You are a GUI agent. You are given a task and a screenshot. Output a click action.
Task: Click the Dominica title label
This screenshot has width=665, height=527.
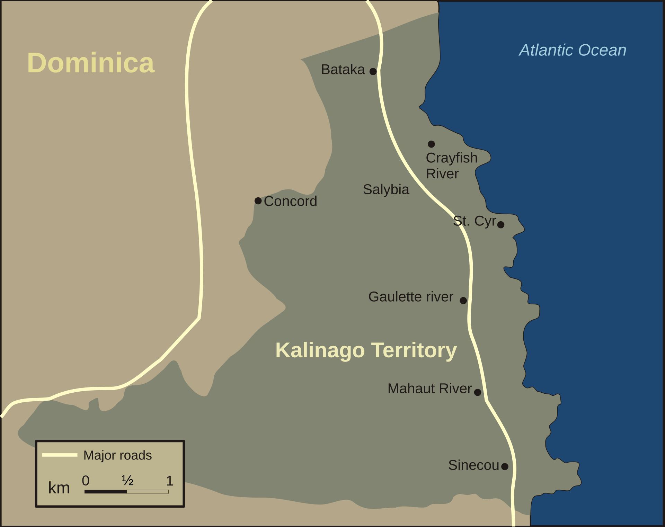tap(91, 63)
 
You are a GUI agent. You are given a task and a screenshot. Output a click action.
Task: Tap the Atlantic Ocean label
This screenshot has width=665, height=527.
tap(573, 50)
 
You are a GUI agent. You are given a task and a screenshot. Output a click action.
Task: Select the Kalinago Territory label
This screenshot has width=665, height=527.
tap(366, 350)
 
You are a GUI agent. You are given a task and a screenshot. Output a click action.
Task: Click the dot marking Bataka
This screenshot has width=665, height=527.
tap(373, 71)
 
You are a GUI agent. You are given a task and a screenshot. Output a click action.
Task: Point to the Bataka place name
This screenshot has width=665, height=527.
tap(343, 70)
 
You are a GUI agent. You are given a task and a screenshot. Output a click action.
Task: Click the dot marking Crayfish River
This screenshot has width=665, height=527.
tap(431, 144)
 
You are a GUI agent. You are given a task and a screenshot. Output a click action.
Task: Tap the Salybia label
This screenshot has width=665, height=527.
tap(386, 189)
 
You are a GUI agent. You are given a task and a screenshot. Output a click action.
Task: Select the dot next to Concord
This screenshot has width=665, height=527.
tap(258, 201)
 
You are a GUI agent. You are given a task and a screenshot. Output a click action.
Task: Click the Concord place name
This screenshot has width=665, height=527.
tap(290, 201)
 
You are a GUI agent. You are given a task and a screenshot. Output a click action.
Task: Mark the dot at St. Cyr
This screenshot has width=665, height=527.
tap(501, 225)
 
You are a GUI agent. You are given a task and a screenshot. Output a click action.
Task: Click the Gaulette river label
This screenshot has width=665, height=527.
tap(411, 297)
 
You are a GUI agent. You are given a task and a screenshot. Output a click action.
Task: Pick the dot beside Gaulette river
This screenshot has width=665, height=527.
tap(463, 301)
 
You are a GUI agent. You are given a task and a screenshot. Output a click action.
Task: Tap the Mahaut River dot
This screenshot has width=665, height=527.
tap(478, 392)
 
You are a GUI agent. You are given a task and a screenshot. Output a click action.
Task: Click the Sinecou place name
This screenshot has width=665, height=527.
tap(473, 465)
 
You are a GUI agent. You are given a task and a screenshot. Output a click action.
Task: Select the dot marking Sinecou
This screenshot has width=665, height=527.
tap(505, 467)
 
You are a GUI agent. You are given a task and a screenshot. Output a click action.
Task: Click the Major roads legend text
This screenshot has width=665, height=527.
tap(117, 455)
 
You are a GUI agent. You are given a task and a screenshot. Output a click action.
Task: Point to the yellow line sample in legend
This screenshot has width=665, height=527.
tap(60, 455)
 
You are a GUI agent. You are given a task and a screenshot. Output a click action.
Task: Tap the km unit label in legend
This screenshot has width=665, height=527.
tap(59, 488)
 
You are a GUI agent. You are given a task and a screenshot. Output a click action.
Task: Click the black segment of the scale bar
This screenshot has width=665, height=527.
tap(106, 492)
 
